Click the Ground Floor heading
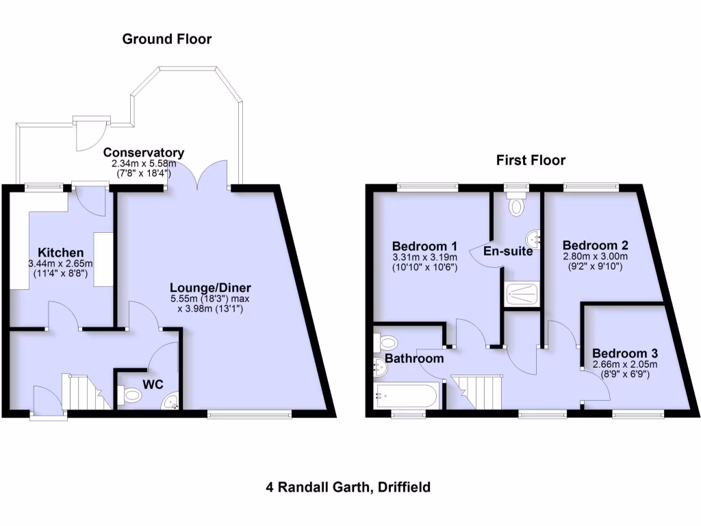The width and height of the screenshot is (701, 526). click(x=167, y=39)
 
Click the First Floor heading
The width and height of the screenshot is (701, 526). click(x=531, y=160)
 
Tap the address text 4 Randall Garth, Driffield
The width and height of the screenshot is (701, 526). click(x=348, y=488)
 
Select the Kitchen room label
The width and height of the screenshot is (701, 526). click(x=60, y=253)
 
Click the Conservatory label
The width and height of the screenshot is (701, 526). click(x=144, y=152)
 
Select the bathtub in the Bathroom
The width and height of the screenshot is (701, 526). click(x=403, y=396)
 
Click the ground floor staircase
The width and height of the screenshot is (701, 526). click(x=84, y=392)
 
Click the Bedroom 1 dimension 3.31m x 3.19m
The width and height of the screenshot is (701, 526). click(x=424, y=258)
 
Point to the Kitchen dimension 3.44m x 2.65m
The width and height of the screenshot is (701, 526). click(x=60, y=264)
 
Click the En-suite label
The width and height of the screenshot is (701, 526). click(x=508, y=251)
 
